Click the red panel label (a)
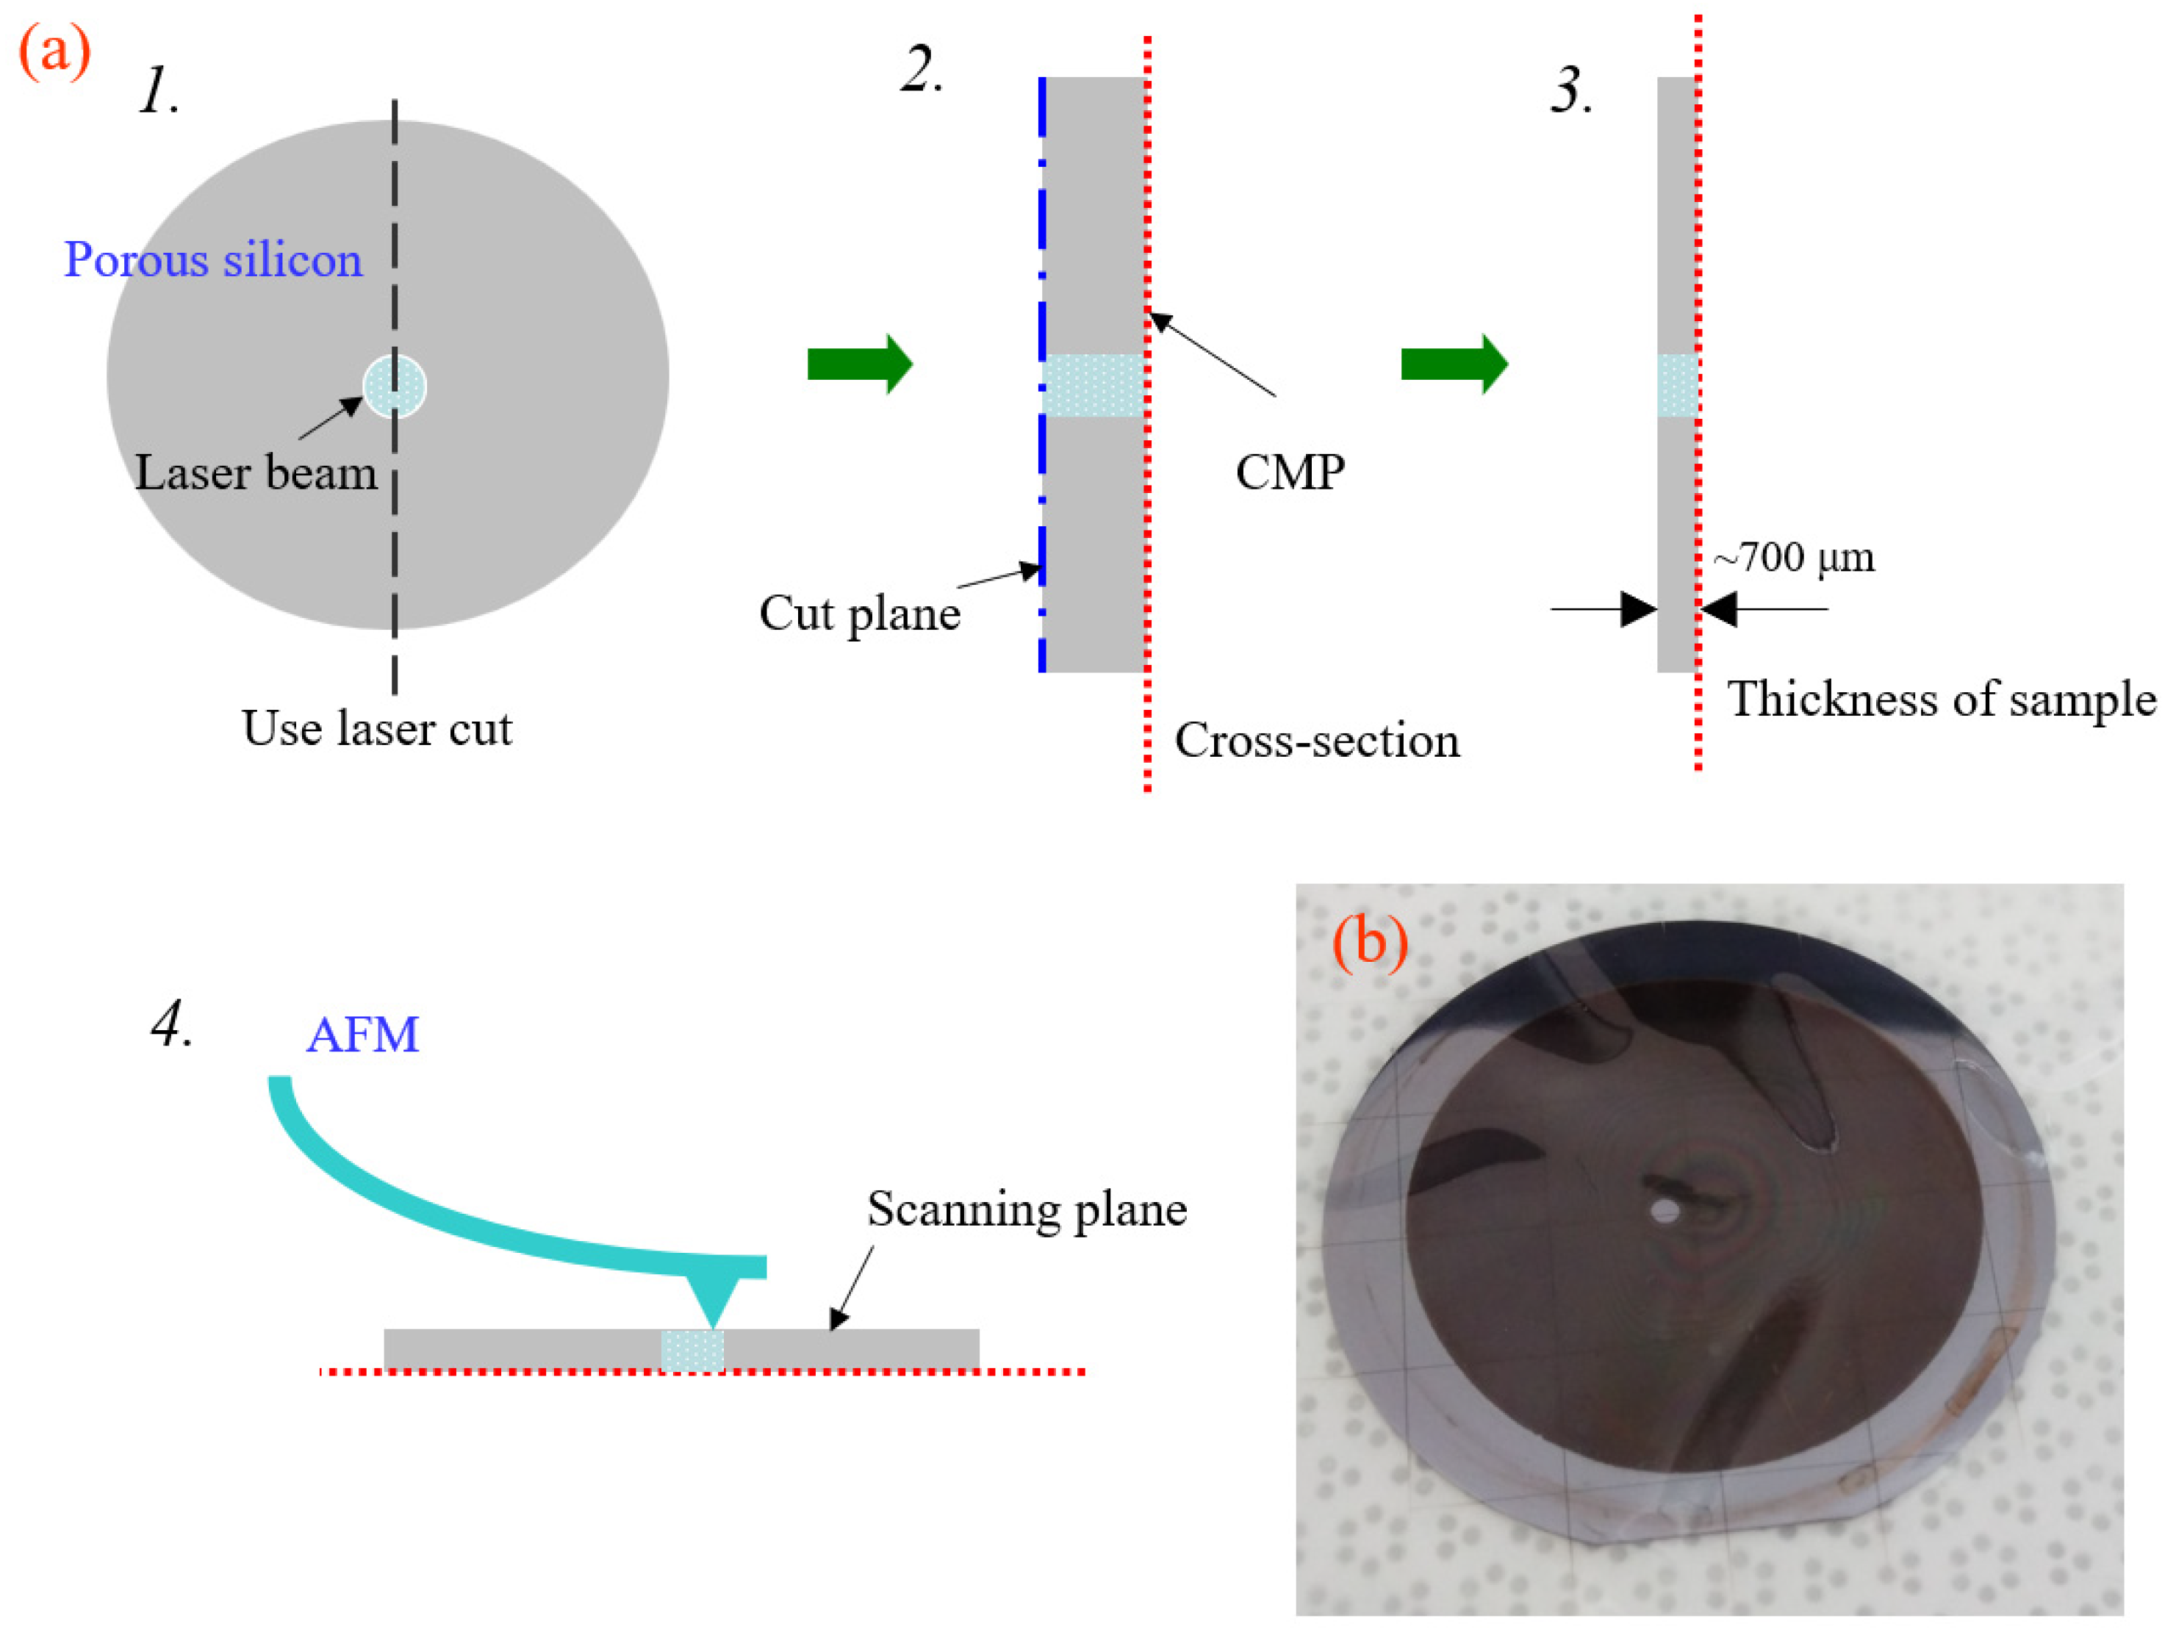tap(55, 51)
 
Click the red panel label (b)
tap(1369, 943)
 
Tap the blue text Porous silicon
tap(213, 261)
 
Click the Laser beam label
tap(256, 473)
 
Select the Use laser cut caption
tap(377, 729)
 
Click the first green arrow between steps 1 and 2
tap(860, 364)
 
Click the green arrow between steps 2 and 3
tap(1453, 364)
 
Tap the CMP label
tap(1290, 473)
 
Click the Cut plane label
tap(860, 614)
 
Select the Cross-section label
tap(1317, 741)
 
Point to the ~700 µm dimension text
tap(1793, 558)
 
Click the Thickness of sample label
tap(1942, 700)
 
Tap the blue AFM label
tap(363, 1036)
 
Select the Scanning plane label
tap(1027, 1209)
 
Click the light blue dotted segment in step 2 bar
tap(1093, 386)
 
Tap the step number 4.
tap(171, 1025)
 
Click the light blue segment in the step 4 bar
tap(692, 1350)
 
